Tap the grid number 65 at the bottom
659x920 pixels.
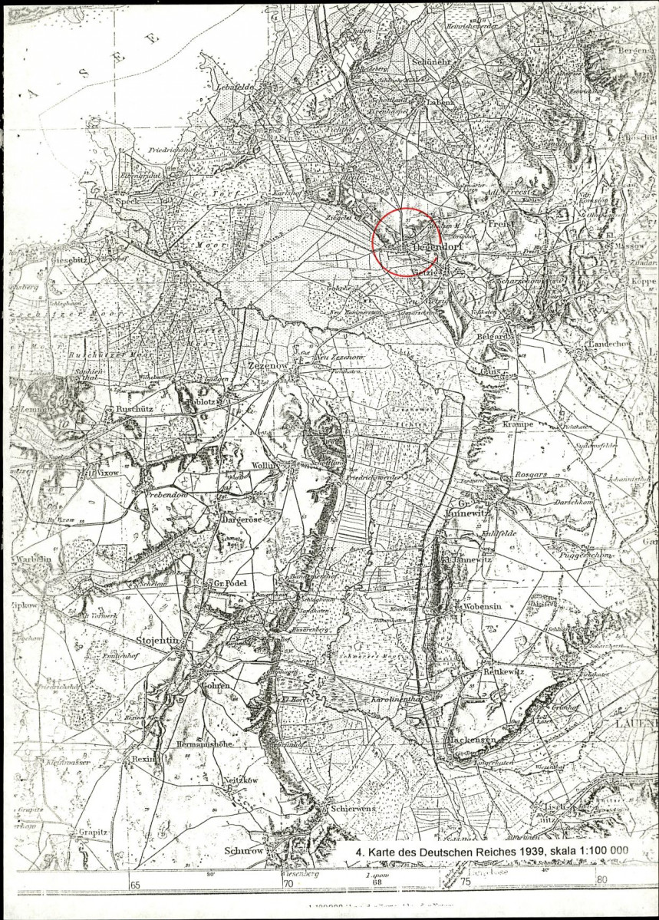point(136,883)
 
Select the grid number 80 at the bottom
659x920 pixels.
point(601,879)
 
